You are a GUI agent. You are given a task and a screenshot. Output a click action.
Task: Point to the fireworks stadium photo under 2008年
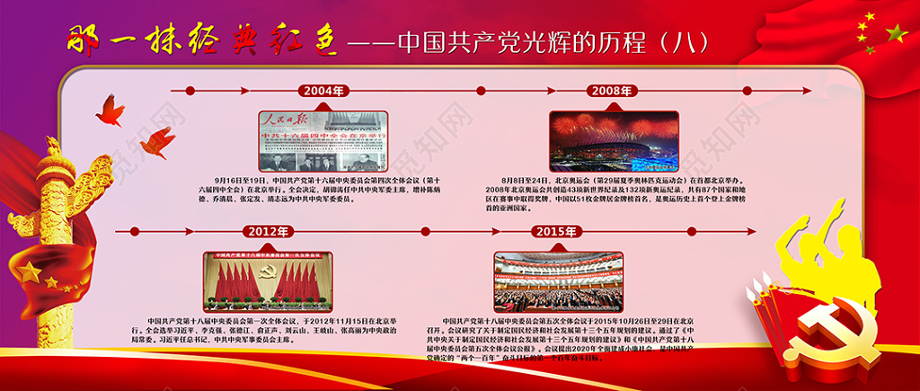(x=615, y=142)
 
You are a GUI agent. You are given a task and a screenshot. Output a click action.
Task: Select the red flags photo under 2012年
(x=268, y=281)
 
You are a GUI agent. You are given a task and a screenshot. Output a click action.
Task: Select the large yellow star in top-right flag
(x=896, y=34)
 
